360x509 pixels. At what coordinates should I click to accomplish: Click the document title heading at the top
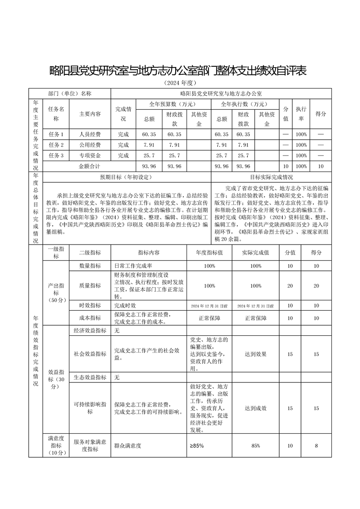click(x=179, y=70)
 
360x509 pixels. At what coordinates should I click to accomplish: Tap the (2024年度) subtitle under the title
click(x=179, y=83)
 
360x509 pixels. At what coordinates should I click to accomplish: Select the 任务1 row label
click(x=56, y=134)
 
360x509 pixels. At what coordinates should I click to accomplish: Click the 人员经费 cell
click(x=90, y=134)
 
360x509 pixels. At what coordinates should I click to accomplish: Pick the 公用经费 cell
click(x=90, y=145)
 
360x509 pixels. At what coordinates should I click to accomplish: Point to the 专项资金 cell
click(x=90, y=156)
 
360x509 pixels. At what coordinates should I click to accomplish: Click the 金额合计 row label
click(x=90, y=166)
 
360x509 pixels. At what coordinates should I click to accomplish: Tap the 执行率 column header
click(x=301, y=113)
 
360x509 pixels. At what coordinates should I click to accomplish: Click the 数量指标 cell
click(x=90, y=266)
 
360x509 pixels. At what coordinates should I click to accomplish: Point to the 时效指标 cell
click(x=90, y=305)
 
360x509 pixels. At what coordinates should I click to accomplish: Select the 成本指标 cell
click(x=90, y=318)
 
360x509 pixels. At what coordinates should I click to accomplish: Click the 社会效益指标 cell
click(x=90, y=354)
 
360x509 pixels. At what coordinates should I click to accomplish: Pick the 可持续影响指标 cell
click(x=90, y=408)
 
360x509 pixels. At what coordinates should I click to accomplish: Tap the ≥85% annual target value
click(x=197, y=446)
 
